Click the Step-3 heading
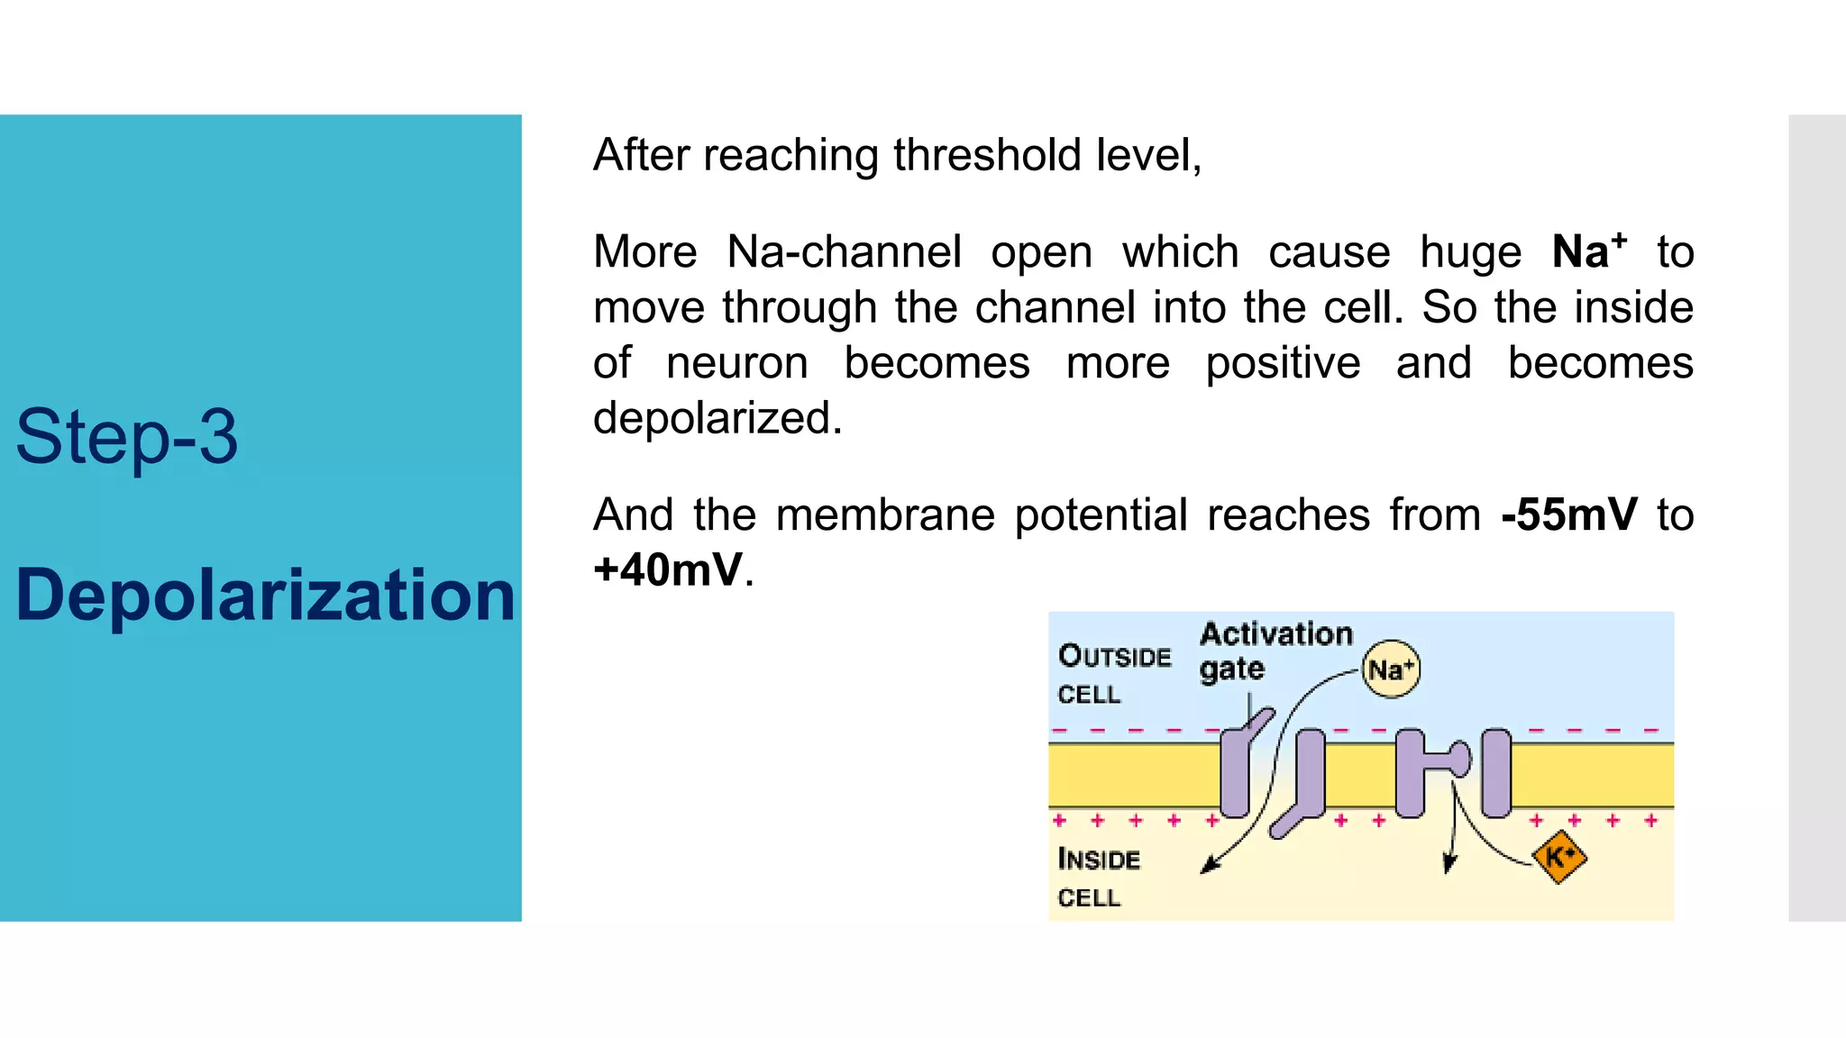(127, 437)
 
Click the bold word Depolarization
(265, 596)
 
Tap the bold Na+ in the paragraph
(1588, 250)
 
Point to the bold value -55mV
(1568, 514)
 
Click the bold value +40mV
(668, 569)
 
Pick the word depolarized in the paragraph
(717, 418)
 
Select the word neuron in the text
(736, 363)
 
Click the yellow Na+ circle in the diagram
(1390, 669)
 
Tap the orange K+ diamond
(1559, 856)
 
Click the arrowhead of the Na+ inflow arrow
(1210, 867)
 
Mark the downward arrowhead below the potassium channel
(1448, 863)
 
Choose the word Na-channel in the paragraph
(844, 251)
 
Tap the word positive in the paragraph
(1283, 363)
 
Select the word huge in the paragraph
(1470, 251)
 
